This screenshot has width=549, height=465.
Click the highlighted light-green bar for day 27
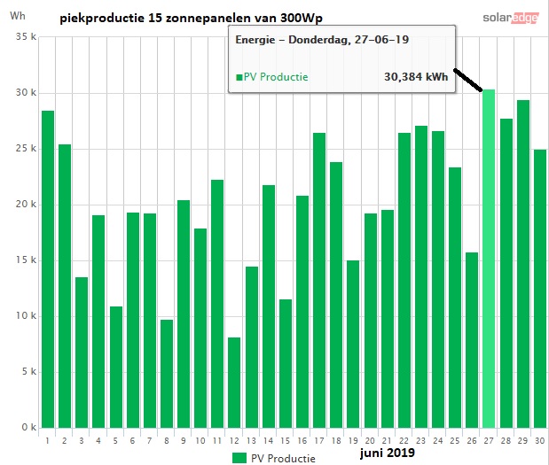coord(489,259)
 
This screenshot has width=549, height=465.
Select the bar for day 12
coord(234,383)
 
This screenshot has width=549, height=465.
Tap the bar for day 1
coord(48,269)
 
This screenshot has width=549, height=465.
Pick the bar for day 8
coord(167,374)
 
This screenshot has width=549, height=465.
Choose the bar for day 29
coord(523,264)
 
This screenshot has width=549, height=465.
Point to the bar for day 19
coord(353,344)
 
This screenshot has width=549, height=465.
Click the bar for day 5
coord(116,367)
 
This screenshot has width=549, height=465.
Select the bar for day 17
coord(319,281)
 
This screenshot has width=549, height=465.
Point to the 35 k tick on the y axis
coord(26,36)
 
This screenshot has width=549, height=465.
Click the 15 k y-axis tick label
coord(26,260)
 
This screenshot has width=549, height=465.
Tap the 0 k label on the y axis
coord(29,427)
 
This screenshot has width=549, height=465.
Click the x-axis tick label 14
coord(268,441)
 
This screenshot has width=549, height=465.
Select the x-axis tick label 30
coord(540,441)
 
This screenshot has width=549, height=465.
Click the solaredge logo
coord(511,18)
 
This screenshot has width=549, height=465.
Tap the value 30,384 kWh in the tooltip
coord(416,77)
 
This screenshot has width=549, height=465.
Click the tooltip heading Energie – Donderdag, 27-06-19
coord(322,40)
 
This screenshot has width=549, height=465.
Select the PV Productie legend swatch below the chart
coord(239,458)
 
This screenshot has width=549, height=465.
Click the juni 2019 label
coord(388,453)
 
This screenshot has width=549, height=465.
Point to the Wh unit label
coord(18,16)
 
